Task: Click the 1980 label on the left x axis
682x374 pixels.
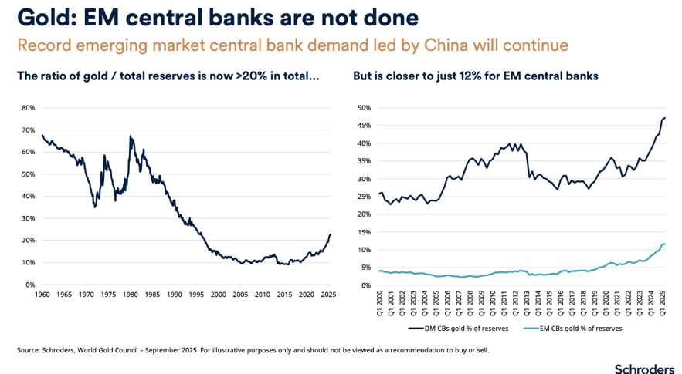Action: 131,295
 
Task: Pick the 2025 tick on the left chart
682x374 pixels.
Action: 329,295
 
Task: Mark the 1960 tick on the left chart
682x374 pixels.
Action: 42,295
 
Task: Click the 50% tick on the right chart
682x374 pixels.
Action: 364,108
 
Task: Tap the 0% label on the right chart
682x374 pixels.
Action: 365,285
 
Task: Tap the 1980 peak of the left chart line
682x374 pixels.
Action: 131,136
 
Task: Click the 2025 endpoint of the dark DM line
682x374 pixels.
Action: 665,118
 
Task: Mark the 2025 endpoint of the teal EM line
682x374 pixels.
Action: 665,244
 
